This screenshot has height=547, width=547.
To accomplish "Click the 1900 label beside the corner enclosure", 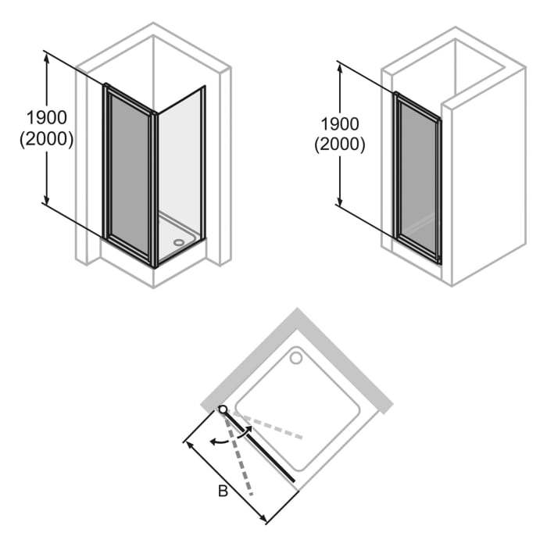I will [46, 117].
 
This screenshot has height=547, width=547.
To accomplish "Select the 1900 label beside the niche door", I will [340, 123].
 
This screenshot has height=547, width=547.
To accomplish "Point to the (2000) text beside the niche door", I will [340, 145].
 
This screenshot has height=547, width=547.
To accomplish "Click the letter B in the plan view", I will [223, 492].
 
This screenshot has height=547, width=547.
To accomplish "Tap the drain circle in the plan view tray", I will [296, 358].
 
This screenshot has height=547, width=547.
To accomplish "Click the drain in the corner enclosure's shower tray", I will [182, 241].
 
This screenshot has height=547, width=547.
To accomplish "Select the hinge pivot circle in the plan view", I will [223, 409].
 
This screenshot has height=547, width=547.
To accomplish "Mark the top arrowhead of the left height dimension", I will [48, 58].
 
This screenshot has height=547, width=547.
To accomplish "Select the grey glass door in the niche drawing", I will [417, 176].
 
